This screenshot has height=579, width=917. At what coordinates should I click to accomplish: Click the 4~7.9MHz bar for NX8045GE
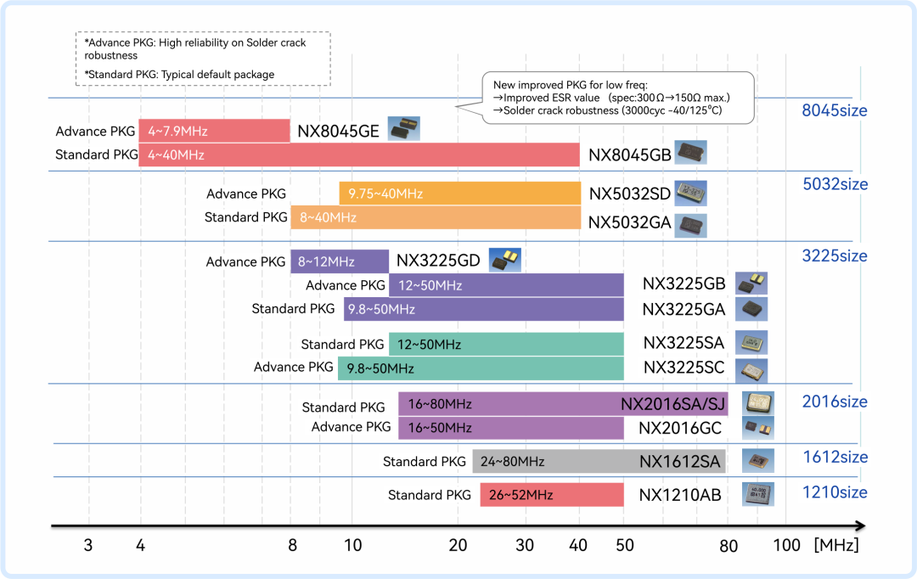click(x=214, y=131)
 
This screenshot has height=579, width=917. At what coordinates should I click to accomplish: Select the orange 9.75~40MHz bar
click(x=459, y=194)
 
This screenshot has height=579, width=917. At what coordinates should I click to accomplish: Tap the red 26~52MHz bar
click(x=552, y=495)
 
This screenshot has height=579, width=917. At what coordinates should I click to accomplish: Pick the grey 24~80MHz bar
click(x=599, y=462)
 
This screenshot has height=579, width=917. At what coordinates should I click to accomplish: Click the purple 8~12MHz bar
click(x=340, y=261)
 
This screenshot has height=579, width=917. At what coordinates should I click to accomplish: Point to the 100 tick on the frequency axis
click(x=786, y=545)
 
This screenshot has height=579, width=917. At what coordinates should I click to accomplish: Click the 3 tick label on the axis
click(x=88, y=545)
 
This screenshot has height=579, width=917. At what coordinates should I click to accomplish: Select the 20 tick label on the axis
click(x=458, y=545)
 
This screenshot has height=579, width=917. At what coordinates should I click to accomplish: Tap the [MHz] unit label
click(x=836, y=545)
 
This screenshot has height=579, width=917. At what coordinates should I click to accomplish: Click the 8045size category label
click(x=835, y=110)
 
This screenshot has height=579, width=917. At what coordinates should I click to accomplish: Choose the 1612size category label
click(x=835, y=457)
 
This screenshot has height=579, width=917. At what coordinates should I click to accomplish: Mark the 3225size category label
click(x=835, y=256)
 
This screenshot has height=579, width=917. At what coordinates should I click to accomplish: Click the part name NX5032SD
click(x=630, y=194)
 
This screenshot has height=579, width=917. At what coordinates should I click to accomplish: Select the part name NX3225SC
click(x=684, y=368)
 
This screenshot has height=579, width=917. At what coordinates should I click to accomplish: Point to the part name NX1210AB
click(x=679, y=495)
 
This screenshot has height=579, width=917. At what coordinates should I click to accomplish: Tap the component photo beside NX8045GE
click(x=404, y=129)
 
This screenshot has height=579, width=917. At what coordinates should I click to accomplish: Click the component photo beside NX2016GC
click(x=758, y=428)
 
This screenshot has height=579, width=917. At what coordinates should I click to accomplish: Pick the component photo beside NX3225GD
click(x=505, y=261)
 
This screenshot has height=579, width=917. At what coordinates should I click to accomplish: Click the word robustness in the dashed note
click(x=111, y=55)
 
